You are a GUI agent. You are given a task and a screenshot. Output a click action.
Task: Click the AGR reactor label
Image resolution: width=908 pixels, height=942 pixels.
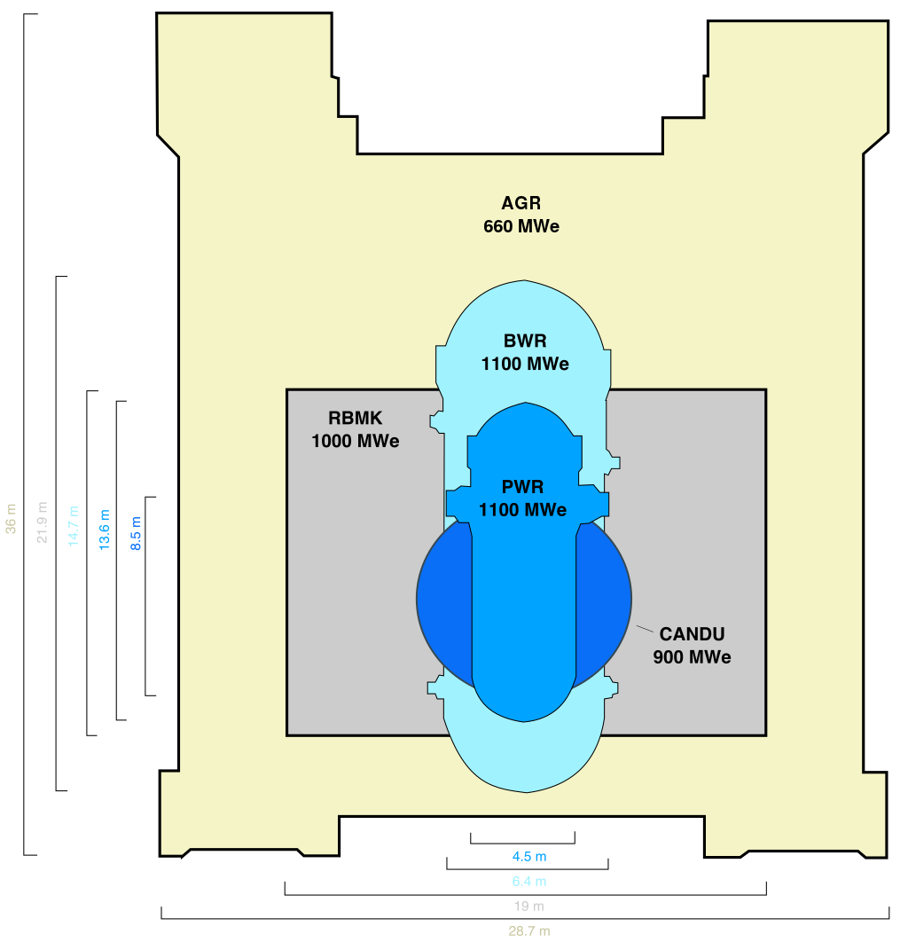(x=521, y=204)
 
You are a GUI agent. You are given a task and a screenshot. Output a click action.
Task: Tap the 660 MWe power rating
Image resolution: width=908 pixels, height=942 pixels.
(x=521, y=226)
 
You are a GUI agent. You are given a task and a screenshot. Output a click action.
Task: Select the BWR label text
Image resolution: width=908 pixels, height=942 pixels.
(x=525, y=341)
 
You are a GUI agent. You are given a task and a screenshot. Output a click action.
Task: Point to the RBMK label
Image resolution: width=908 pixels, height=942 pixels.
(x=355, y=419)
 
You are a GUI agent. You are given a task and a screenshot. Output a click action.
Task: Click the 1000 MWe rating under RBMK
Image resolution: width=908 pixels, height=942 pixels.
(x=355, y=441)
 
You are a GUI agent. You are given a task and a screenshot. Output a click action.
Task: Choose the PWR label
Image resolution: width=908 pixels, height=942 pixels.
(x=522, y=487)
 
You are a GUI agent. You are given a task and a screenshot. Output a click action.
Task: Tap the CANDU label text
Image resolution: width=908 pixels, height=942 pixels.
(x=692, y=634)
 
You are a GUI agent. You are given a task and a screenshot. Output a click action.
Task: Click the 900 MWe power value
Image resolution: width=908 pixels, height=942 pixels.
(x=692, y=657)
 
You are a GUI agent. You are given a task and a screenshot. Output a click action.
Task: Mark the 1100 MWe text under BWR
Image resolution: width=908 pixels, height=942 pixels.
(x=525, y=364)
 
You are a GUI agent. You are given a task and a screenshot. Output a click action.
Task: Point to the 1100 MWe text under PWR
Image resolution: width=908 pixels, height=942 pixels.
(x=522, y=510)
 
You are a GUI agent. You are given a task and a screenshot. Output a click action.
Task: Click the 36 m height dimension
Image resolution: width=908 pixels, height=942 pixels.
(x=11, y=519)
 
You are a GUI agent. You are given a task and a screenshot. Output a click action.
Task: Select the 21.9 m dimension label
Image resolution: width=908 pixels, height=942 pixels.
(x=42, y=523)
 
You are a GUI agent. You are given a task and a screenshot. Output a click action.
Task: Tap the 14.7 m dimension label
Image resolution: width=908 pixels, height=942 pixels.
(x=74, y=526)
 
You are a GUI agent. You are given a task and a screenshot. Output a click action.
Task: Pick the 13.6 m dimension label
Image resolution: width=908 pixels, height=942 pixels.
(x=105, y=530)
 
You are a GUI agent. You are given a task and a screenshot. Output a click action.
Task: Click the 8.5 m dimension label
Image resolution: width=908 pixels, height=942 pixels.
(x=136, y=533)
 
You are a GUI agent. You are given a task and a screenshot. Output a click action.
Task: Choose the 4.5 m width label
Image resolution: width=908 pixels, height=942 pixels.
(x=528, y=857)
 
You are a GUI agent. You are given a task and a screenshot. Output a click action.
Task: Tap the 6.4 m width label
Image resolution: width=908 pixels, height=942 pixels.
(x=528, y=882)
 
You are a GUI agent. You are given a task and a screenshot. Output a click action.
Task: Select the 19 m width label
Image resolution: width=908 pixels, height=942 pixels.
(x=528, y=907)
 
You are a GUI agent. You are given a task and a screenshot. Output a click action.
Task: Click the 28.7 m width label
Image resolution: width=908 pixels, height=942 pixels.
(x=528, y=931)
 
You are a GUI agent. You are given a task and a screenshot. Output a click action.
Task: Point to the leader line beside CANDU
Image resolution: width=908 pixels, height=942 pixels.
(x=645, y=629)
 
